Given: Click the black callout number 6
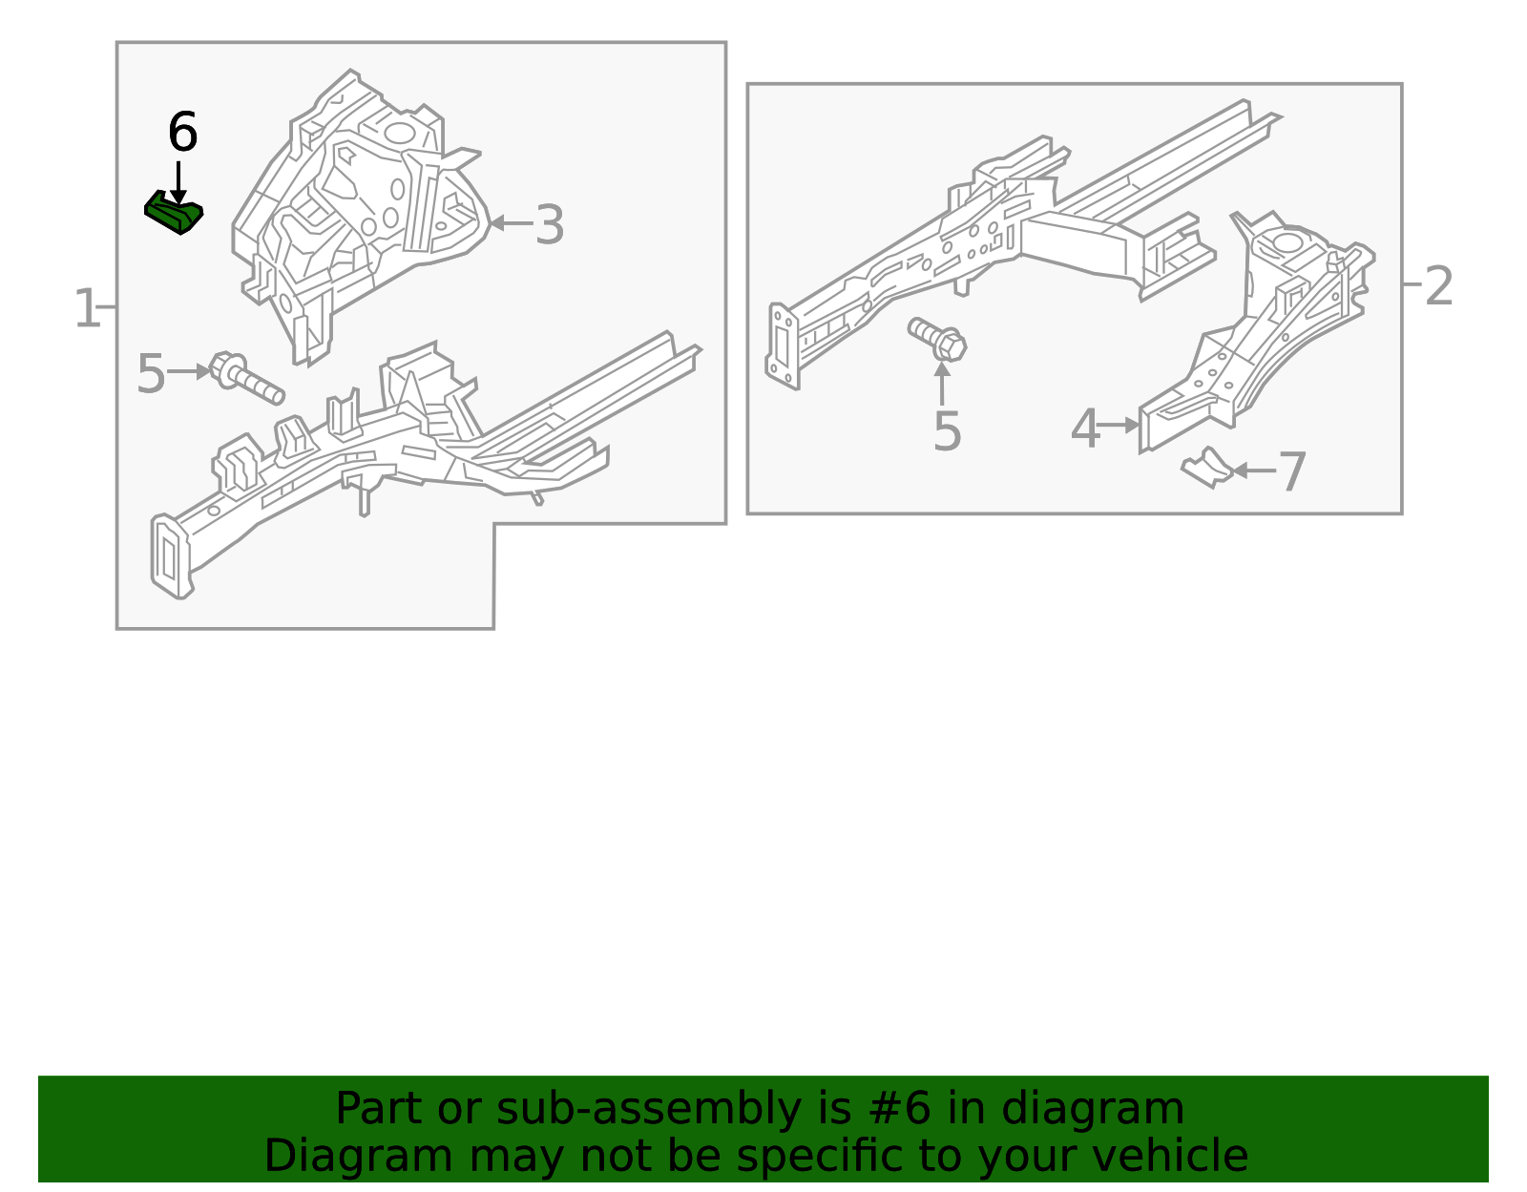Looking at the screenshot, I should tap(182, 133).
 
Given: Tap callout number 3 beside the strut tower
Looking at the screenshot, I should tap(549, 225).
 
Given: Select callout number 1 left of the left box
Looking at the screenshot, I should tap(86, 309).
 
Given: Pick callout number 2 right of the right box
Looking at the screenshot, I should tap(1438, 286).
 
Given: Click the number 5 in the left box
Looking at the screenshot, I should tap(151, 374).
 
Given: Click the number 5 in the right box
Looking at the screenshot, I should tap(947, 431).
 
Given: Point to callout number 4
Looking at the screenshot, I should tap(1085, 429).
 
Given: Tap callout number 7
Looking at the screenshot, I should tap(1291, 472).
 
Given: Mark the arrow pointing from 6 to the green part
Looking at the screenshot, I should tap(178, 181).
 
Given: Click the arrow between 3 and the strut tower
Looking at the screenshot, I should tap(511, 224).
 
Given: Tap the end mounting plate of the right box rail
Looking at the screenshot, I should tap(784, 345).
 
